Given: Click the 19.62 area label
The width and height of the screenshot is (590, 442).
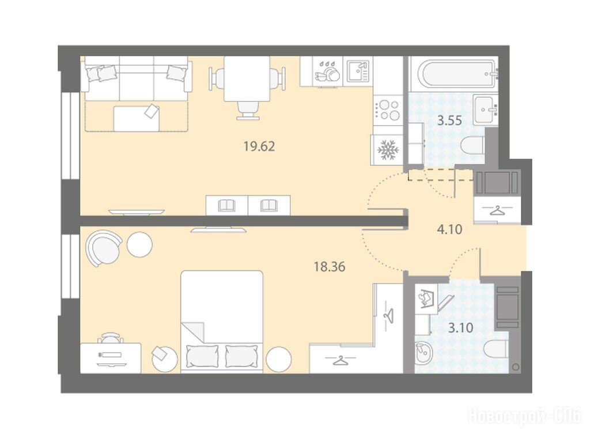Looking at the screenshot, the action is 259,146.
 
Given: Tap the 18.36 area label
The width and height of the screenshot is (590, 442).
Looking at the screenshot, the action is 330,267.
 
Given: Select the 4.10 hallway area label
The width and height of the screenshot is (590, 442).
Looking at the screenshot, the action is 449,229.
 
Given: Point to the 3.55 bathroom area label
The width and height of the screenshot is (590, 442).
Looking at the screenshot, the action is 449,120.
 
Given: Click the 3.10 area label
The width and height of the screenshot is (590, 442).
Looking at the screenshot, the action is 461,328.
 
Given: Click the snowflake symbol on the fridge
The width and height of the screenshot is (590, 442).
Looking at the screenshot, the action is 388,150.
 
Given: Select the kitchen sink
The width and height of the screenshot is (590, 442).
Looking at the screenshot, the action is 358,71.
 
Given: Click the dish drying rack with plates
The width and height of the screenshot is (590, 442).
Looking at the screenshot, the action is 327,71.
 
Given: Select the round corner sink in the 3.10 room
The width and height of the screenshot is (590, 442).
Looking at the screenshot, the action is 424,353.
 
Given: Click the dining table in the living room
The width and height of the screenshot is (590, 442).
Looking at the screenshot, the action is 247,79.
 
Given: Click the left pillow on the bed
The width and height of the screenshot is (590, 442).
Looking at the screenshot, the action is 202,356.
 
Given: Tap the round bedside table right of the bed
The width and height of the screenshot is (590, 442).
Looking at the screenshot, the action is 279,359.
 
